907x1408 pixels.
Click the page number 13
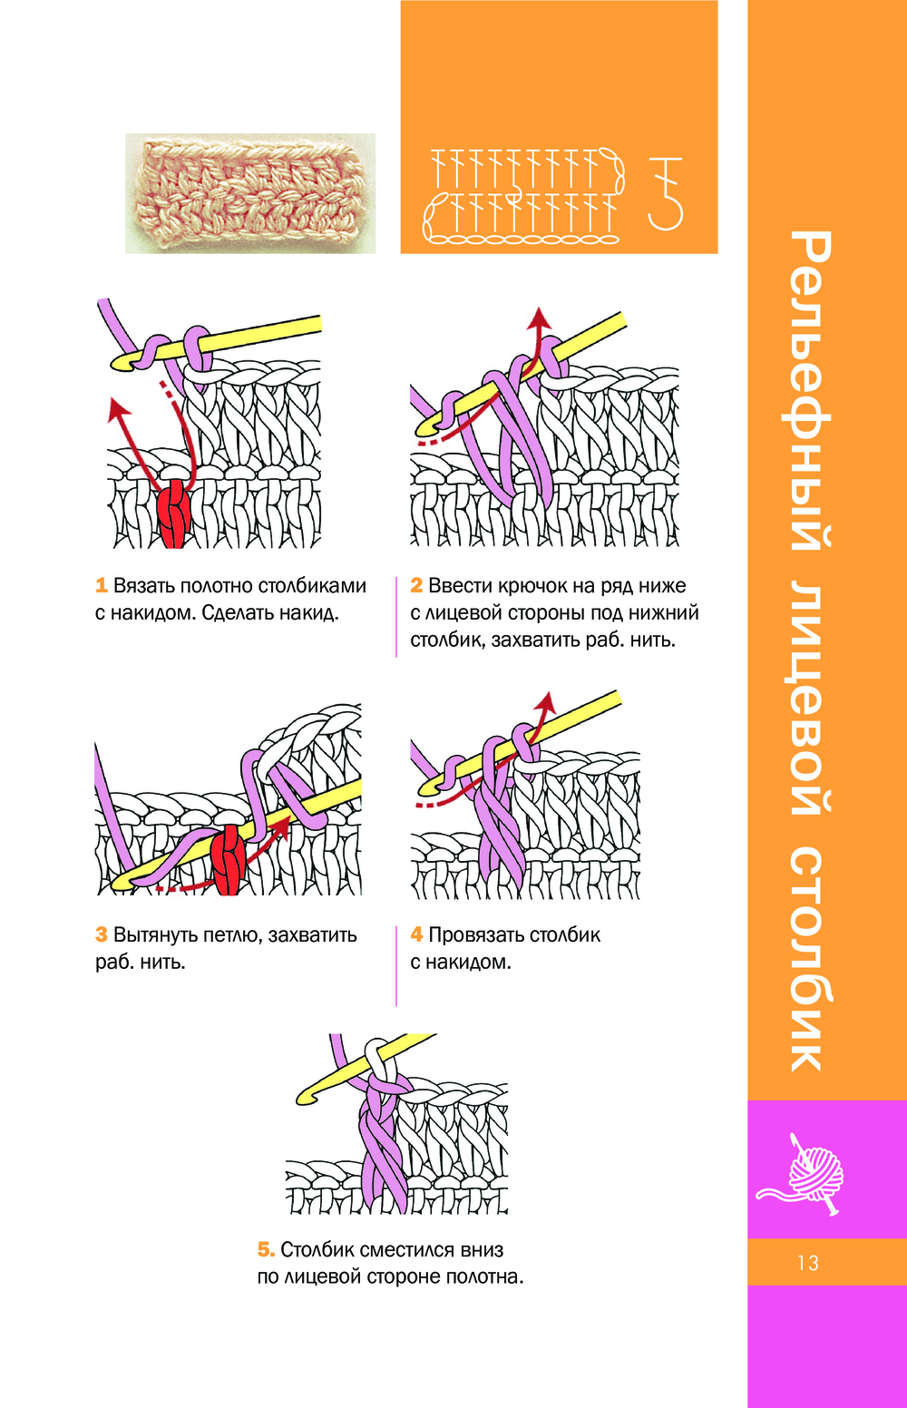(x=807, y=1263)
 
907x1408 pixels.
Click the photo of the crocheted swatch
(x=250, y=193)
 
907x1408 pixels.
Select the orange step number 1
(x=102, y=586)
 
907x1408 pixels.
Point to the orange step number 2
(x=416, y=586)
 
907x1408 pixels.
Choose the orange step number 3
(x=102, y=935)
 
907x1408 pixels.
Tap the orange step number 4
(x=416, y=935)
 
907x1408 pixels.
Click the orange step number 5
(x=266, y=1250)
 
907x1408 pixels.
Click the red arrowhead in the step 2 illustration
(x=541, y=317)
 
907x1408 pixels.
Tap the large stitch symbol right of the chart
(x=667, y=192)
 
